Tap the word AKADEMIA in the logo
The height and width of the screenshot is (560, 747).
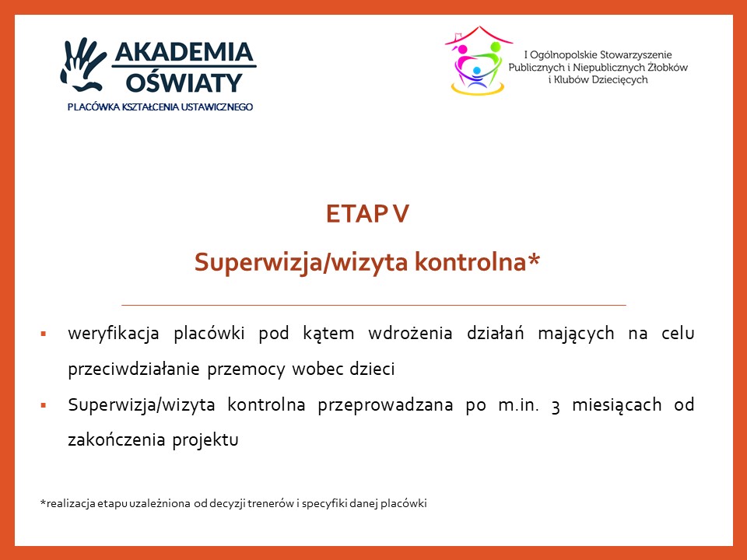click(x=184, y=52)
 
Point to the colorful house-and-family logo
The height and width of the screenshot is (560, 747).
click(x=478, y=61)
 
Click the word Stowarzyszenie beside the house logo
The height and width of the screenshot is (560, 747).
click(x=636, y=54)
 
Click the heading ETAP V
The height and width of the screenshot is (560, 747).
click(x=367, y=214)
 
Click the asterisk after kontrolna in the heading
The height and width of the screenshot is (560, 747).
click(x=534, y=258)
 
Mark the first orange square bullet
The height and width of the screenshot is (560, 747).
click(x=44, y=334)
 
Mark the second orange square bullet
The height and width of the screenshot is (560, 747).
click(x=44, y=406)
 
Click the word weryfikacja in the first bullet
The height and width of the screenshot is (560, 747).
click(x=114, y=334)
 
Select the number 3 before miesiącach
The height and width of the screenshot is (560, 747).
click(x=555, y=406)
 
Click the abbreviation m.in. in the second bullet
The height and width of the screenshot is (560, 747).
click(x=518, y=404)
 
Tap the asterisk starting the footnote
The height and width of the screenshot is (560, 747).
click(x=43, y=502)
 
